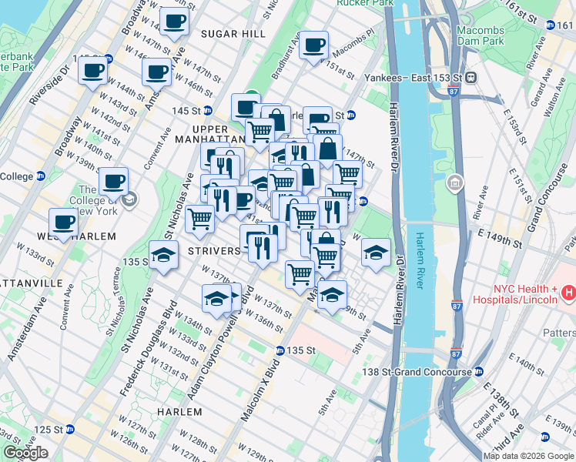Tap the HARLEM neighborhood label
179,412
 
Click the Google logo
25,453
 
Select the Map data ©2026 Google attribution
528,456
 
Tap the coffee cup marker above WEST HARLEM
63,222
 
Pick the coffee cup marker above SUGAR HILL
174,21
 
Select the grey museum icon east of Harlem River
455,184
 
